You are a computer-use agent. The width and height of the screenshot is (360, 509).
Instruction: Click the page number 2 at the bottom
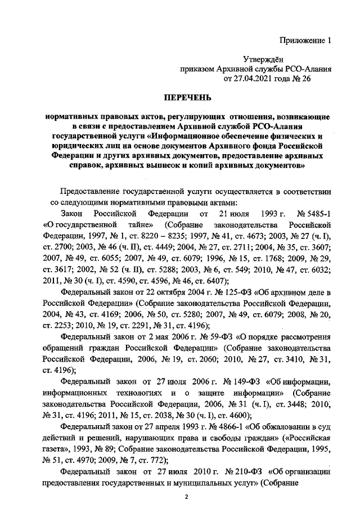pyautogui.click(x=186, y=497)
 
